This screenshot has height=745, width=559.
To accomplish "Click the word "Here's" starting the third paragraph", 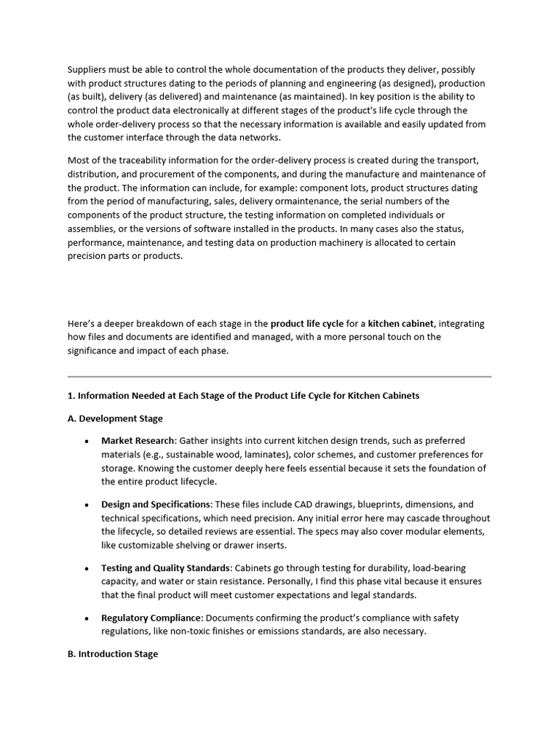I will click(x=82, y=324).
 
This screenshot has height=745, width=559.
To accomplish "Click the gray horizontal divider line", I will click(x=279, y=377).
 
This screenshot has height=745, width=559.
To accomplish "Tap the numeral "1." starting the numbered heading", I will click(x=71, y=396).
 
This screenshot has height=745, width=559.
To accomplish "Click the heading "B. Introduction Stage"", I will click(x=113, y=654).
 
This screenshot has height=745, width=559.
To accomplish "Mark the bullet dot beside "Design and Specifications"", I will click(x=87, y=505).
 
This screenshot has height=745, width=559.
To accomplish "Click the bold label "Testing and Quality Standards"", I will click(x=165, y=568).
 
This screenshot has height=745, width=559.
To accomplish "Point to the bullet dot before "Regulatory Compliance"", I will click(x=87, y=618).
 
